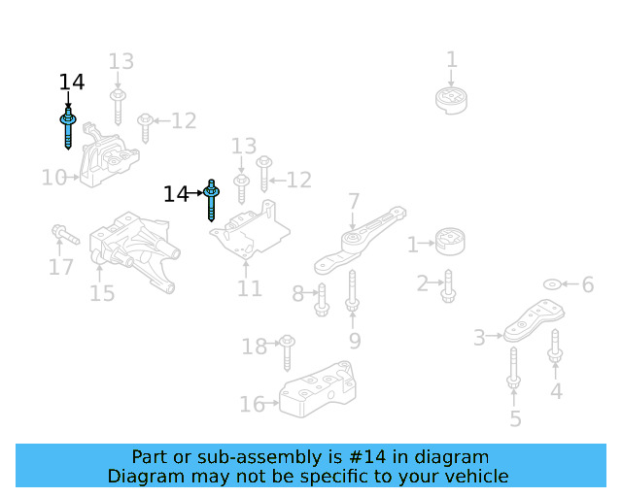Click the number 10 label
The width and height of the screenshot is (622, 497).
53,178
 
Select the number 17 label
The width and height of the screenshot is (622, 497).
60,266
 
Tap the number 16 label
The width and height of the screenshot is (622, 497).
252,404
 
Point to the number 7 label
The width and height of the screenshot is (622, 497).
354,201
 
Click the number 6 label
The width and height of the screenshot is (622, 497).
587,284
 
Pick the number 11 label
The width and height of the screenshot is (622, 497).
250,288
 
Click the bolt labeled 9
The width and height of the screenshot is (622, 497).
352,291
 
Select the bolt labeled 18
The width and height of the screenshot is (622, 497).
288,353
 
